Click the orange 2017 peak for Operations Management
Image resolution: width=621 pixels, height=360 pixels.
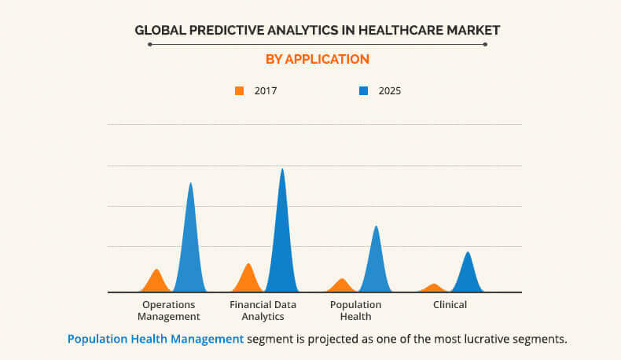click(x=157, y=282)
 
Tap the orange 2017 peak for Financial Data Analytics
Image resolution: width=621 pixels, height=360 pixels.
click(x=248, y=279)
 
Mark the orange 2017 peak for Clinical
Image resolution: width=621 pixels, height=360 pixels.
click(x=433, y=288)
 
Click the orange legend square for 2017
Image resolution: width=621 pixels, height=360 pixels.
click(x=239, y=91)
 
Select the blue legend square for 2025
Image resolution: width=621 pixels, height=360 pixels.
click(x=363, y=91)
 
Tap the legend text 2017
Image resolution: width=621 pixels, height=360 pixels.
click(x=266, y=91)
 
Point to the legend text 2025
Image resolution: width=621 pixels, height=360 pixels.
click(x=390, y=91)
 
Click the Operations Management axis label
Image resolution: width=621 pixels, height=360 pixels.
click(x=168, y=310)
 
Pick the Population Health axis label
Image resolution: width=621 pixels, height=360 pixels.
click(x=355, y=310)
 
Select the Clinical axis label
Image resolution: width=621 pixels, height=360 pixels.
click(x=450, y=305)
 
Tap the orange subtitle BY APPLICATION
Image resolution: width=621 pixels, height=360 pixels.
click(x=317, y=59)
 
